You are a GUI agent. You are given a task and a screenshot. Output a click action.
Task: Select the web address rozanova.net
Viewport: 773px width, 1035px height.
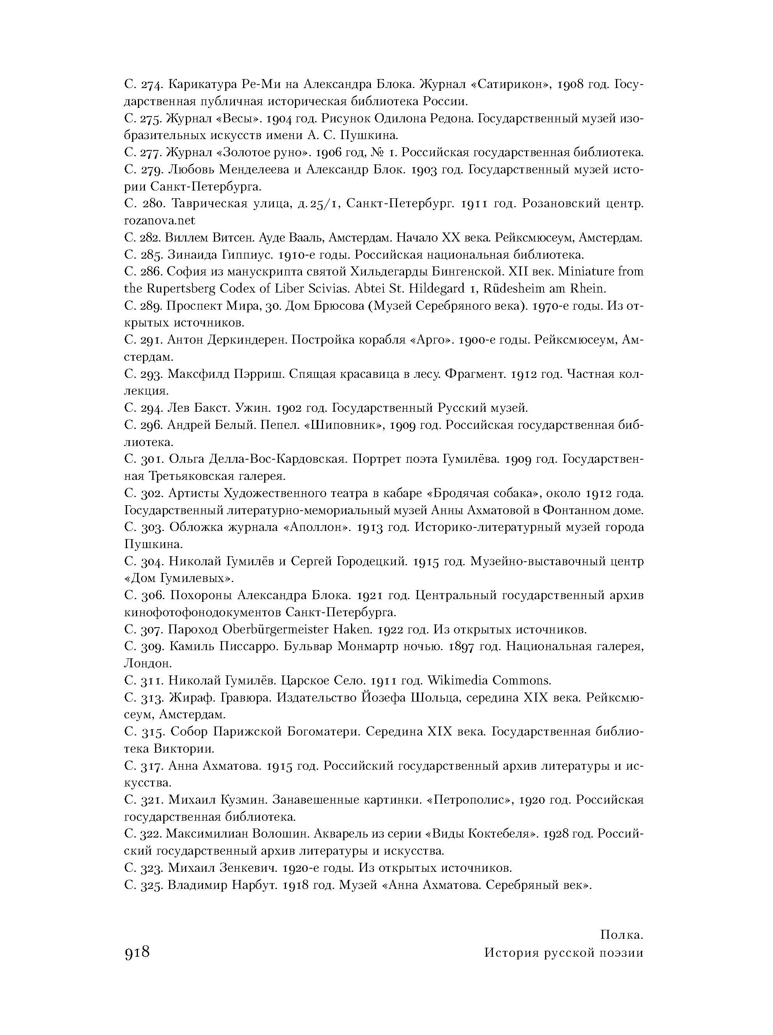159,220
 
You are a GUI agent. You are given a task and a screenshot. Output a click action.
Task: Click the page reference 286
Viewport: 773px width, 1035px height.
151,271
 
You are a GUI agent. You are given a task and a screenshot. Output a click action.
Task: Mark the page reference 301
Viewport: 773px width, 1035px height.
151,459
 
